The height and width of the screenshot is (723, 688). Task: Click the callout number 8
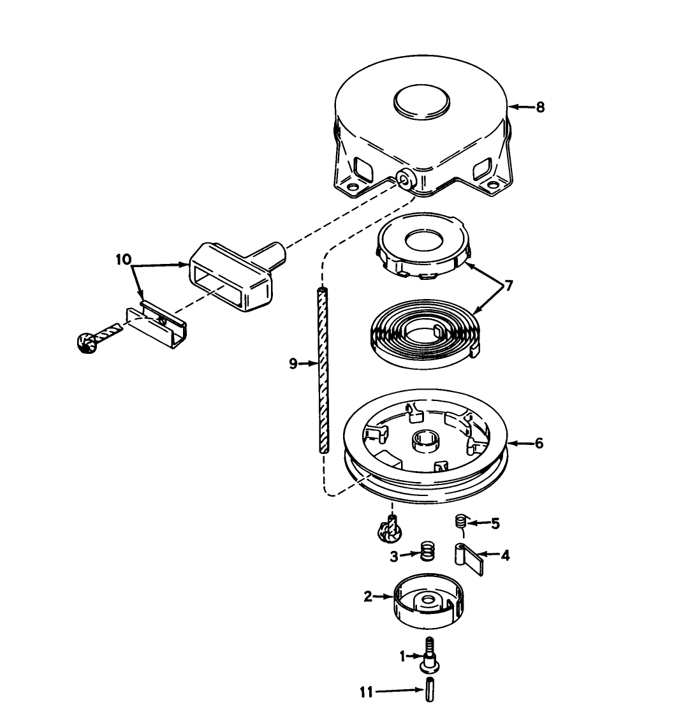click(540, 107)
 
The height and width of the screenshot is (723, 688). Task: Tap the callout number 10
click(124, 259)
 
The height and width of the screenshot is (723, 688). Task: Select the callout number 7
click(509, 286)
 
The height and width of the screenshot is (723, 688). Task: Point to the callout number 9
click(293, 364)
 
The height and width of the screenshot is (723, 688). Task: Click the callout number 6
click(539, 444)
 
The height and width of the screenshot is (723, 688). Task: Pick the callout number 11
click(366, 693)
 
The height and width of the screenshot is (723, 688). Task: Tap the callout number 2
click(367, 597)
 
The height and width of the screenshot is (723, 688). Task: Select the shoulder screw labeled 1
click(429, 655)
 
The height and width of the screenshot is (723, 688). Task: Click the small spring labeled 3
click(428, 551)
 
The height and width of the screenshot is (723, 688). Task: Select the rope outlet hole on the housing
click(406, 179)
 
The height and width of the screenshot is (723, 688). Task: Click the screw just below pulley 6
click(390, 528)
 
